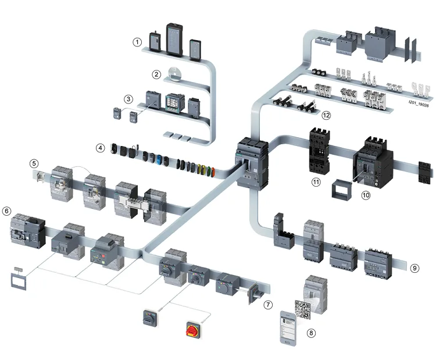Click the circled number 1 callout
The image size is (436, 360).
tap(137, 42)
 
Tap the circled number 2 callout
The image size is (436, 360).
tap(156, 74)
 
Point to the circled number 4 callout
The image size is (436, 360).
tap(101, 148)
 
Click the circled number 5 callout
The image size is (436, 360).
tap(35, 164)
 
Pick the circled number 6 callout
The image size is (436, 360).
tap(7, 210)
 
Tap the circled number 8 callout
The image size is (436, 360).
tap(312, 333)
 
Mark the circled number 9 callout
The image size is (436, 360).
tap(414, 268)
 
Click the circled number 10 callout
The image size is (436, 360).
tap(366, 195)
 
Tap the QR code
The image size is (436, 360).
tap(303, 309)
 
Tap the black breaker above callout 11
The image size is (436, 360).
tap(319, 150)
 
